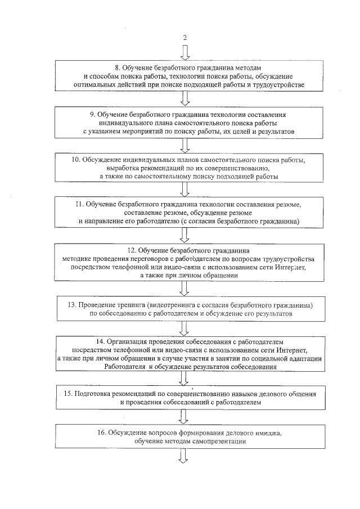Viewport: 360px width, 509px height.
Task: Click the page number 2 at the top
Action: pos(183,38)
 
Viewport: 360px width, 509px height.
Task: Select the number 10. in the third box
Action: pos(74,160)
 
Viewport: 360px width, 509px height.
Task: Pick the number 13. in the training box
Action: pos(71,304)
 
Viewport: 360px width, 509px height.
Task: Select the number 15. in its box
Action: pos(67,393)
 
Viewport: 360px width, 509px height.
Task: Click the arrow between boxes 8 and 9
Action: pos(183,99)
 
